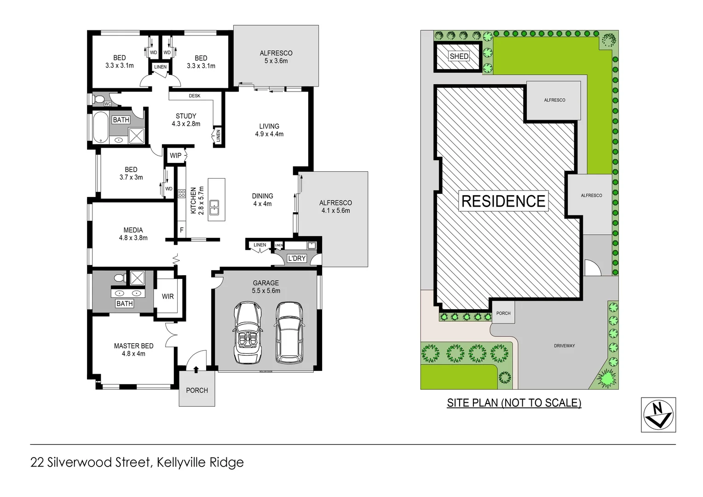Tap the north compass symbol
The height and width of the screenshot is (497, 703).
(658, 415)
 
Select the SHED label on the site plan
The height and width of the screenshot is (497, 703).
(459, 56)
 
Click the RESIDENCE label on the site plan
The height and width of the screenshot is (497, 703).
(503, 201)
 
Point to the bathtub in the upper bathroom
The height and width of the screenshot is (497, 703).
(100, 127)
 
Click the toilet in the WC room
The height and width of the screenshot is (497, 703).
(98, 99)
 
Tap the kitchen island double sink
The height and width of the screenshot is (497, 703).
(214, 207)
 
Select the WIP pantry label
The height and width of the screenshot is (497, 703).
(175, 156)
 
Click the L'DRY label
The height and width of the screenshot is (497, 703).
(296, 258)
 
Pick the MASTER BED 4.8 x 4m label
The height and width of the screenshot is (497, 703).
(133, 350)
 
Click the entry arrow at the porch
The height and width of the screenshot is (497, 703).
(196, 369)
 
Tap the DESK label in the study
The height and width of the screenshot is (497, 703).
(195, 96)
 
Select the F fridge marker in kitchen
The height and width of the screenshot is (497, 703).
(181, 230)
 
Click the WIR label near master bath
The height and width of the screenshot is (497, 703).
(167, 296)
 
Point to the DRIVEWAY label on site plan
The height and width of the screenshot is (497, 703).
(564, 346)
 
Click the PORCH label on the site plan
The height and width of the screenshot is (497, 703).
(503, 313)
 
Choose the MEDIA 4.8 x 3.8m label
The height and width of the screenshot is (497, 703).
(133, 234)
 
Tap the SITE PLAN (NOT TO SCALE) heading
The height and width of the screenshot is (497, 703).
(514, 403)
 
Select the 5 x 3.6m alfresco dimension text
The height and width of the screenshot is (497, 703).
(276, 61)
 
